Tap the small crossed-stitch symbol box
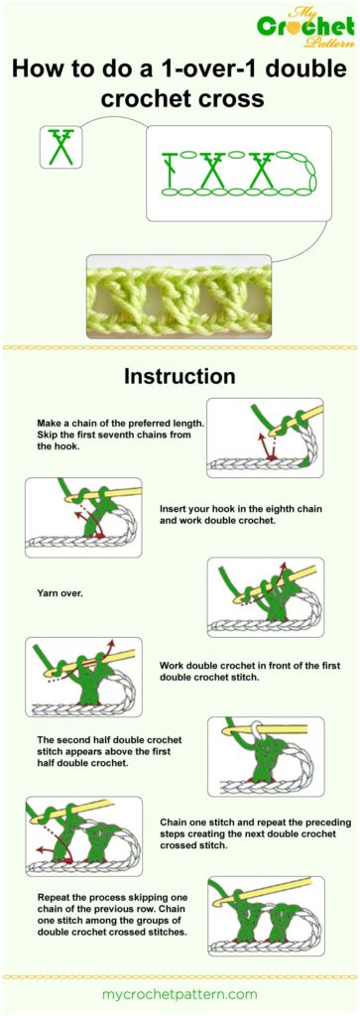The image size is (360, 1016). pos(60,148)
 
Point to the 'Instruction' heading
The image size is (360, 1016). pos(180,376)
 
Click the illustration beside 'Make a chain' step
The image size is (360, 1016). pos(265,438)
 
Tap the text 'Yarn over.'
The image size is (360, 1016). pos(60,594)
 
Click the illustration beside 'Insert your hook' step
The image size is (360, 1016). pos(83,517)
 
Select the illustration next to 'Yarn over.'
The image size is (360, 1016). pos(265,596)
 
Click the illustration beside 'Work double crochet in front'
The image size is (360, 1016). pos(83,676)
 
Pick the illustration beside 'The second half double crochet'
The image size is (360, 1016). pos(265,756)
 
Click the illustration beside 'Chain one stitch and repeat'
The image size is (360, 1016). pos(83,835)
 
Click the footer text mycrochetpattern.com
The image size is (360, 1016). pos(180,993)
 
